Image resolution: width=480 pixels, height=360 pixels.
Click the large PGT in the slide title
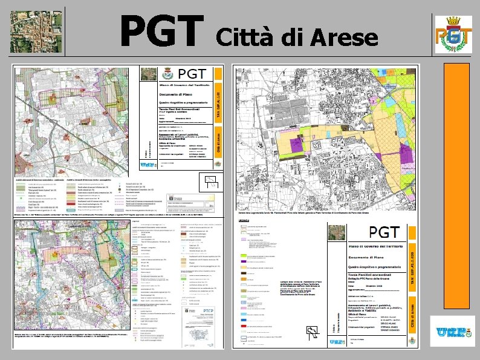point(161,31)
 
